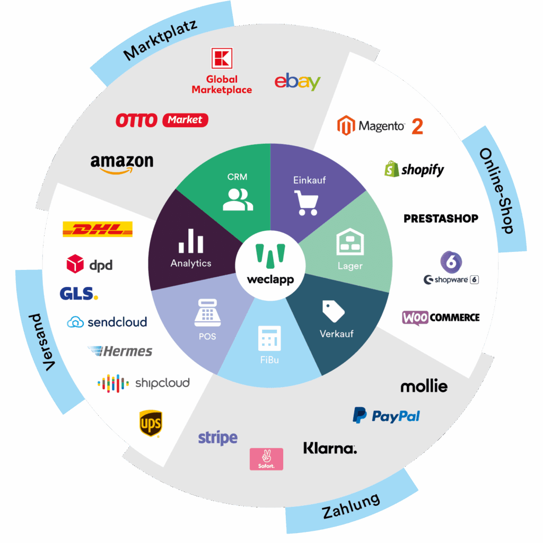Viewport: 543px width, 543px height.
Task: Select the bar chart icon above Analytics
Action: pyautogui.click(x=191, y=241)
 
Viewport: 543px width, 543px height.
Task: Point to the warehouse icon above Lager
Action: pyautogui.click(x=349, y=242)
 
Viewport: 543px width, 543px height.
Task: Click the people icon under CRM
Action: pyautogui.click(x=234, y=199)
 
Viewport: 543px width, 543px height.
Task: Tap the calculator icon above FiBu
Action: pyautogui.click(x=269, y=338)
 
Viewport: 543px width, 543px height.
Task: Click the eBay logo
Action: pyautogui.click(x=297, y=82)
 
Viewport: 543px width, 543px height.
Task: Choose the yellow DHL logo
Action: pyautogui.click(x=98, y=230)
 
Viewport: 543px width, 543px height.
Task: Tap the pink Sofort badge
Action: pyautogui.click(x=266, y=459)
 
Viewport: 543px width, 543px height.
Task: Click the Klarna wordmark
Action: pyautogui.click(x=330, y=449)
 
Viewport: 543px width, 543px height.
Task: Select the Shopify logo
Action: pyautogui.click(x=414, y=169)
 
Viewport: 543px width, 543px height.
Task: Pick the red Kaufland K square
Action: pyautogui.click(x=222, y=58)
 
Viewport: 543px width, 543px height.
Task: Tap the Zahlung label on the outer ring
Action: pyautogui.click(x=351, y=506)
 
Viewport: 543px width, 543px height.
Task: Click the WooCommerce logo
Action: pyautogui.click(x=441, y=318)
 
